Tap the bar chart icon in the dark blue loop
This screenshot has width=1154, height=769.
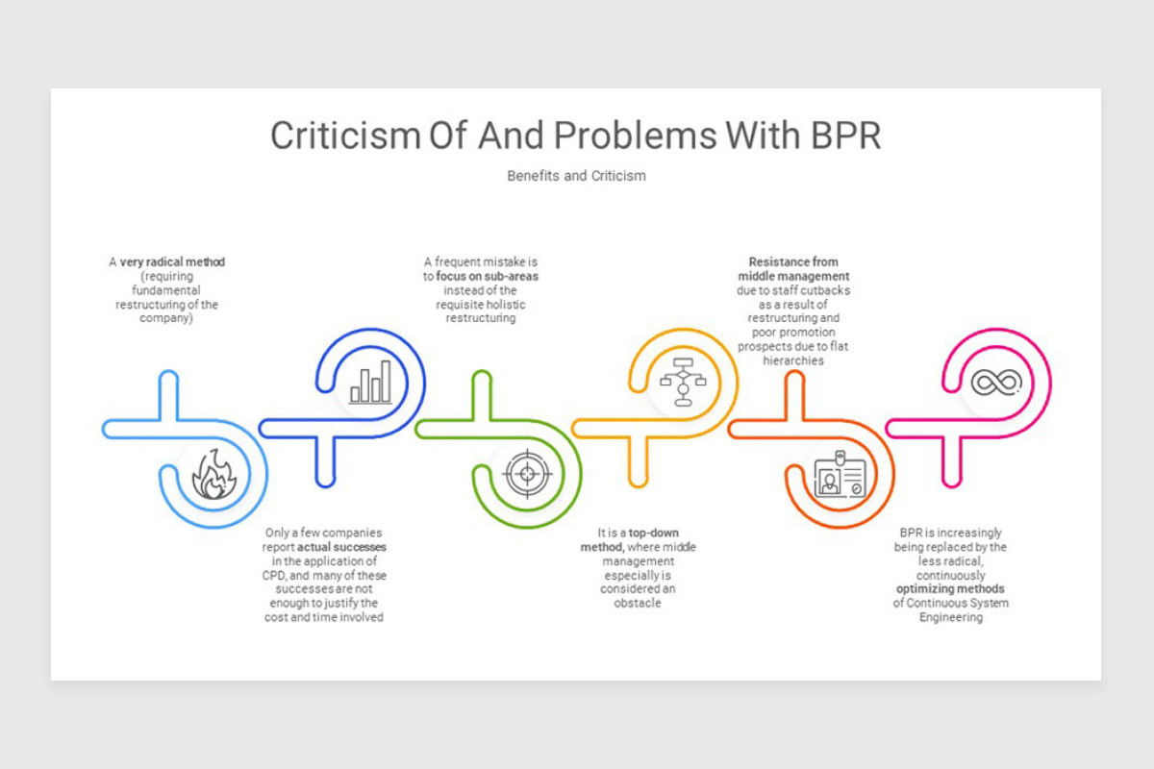pos(370,382)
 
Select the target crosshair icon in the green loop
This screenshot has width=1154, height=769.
pos(527,473)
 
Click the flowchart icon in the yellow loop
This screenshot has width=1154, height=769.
pos(683,382)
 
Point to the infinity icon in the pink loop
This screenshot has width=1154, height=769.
pos(995,382)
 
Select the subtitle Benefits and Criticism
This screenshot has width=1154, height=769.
pos(576,176)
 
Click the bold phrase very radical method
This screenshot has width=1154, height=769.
pos(172,261)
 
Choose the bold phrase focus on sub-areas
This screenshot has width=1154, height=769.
pos(488,276)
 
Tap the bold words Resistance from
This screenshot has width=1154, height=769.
pos(793,261)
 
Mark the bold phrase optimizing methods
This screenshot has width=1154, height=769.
pos(950,588)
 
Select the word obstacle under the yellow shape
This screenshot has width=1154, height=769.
pos(638,603)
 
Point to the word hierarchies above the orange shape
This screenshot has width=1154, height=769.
pos(793,360)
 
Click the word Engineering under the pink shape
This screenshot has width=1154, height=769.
pos(950,617)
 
